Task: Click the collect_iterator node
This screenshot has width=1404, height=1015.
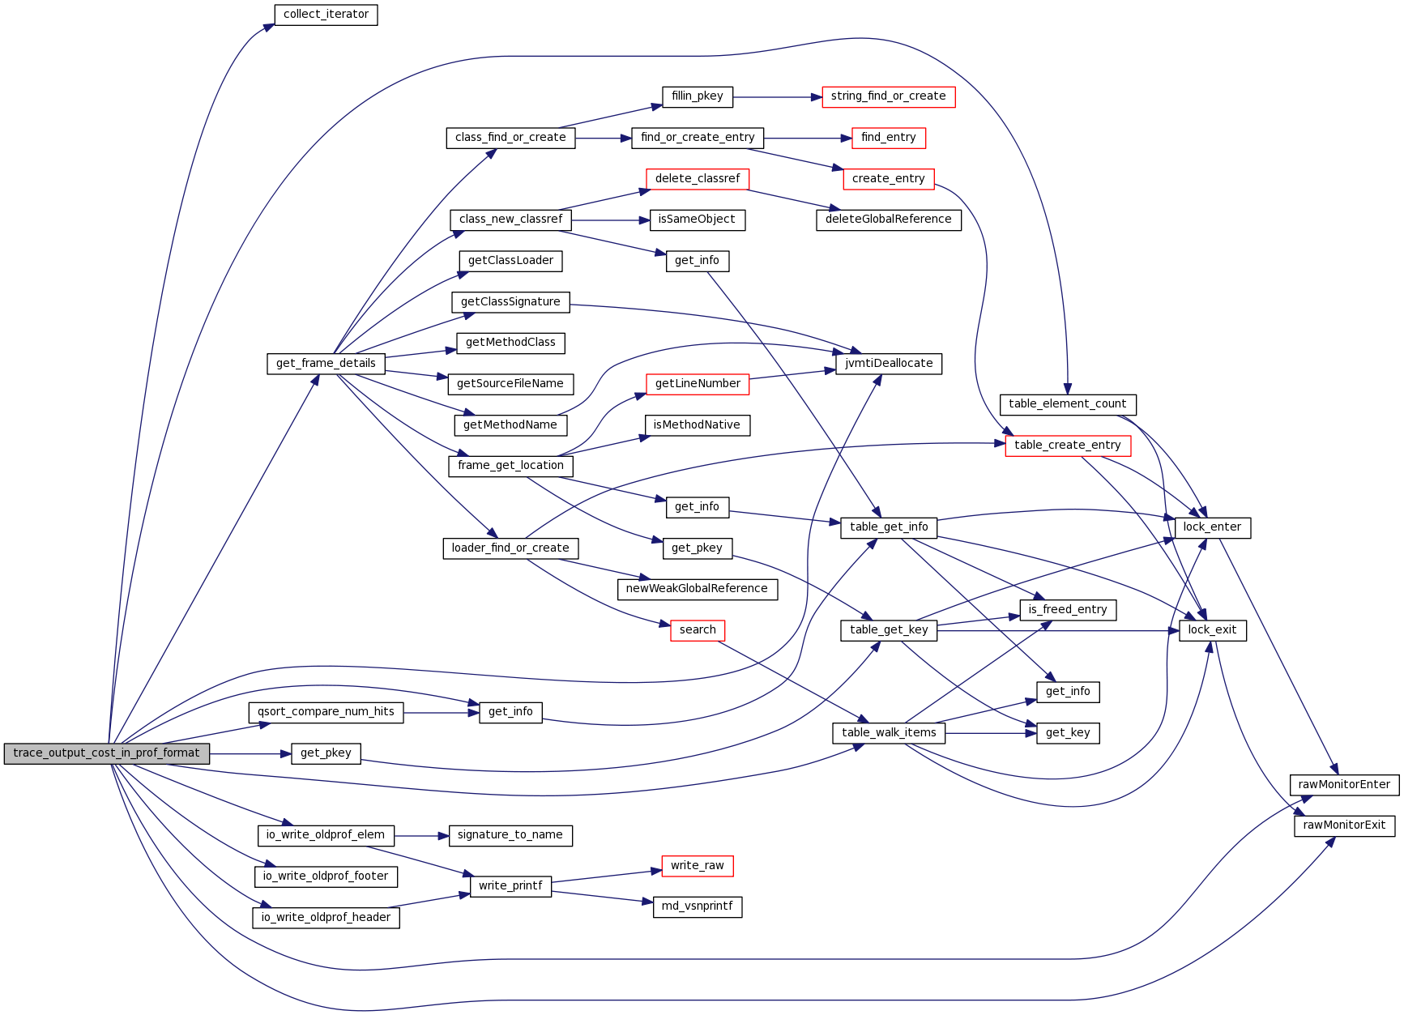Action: tap(326, 15)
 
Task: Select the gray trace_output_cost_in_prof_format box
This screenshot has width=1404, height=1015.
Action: tap(106, 753)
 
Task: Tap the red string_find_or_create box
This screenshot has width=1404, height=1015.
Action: tap(888, 96)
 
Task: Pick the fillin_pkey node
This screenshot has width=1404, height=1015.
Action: tap(697, 96)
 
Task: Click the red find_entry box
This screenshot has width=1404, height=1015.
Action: tap(888, 138)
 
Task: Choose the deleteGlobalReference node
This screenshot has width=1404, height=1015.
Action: tap(888, 220)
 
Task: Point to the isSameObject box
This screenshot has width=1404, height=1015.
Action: tap(697, 220)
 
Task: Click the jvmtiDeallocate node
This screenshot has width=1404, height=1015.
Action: tap(888, 364)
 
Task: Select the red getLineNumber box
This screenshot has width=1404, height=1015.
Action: tap(697, 384)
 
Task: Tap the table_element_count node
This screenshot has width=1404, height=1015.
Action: tap(1067, 404)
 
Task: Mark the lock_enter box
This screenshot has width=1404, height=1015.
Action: tap(1212, 527)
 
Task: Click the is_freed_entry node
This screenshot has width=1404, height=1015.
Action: tap(1067, 610)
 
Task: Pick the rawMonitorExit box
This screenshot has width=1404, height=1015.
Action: tap(1344, 825)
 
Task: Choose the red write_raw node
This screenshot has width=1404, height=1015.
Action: tap(697, 866)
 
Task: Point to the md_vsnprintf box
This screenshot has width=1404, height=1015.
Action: tap(697, 906)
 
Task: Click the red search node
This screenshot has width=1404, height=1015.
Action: tap(697, 630)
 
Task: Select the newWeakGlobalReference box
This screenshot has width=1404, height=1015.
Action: tap(697, 589)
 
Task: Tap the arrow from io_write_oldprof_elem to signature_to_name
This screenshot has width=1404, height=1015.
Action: tap(421, 835)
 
